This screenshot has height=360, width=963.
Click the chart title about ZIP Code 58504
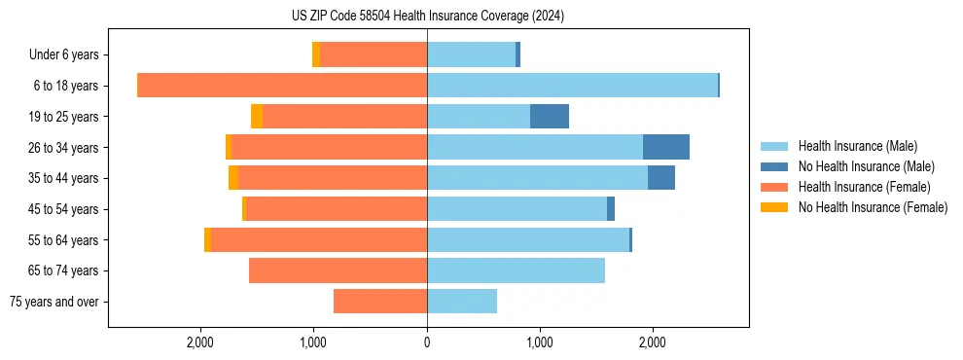tap(428, 17)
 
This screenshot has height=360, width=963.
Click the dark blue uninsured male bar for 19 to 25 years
tap(550, 117)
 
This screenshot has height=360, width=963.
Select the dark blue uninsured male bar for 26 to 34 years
tap(666, 148)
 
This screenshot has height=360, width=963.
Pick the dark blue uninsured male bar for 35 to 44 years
tap(661, 178)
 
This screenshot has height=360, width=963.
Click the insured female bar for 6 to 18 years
tap(282, 86)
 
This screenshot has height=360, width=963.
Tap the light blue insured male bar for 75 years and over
tap(462, 302)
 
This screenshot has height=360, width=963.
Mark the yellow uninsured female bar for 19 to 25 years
tap(257, 117)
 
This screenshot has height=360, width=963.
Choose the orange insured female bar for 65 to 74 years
tap(338, 270)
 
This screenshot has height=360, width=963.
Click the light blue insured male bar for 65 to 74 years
tap(516, 270)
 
